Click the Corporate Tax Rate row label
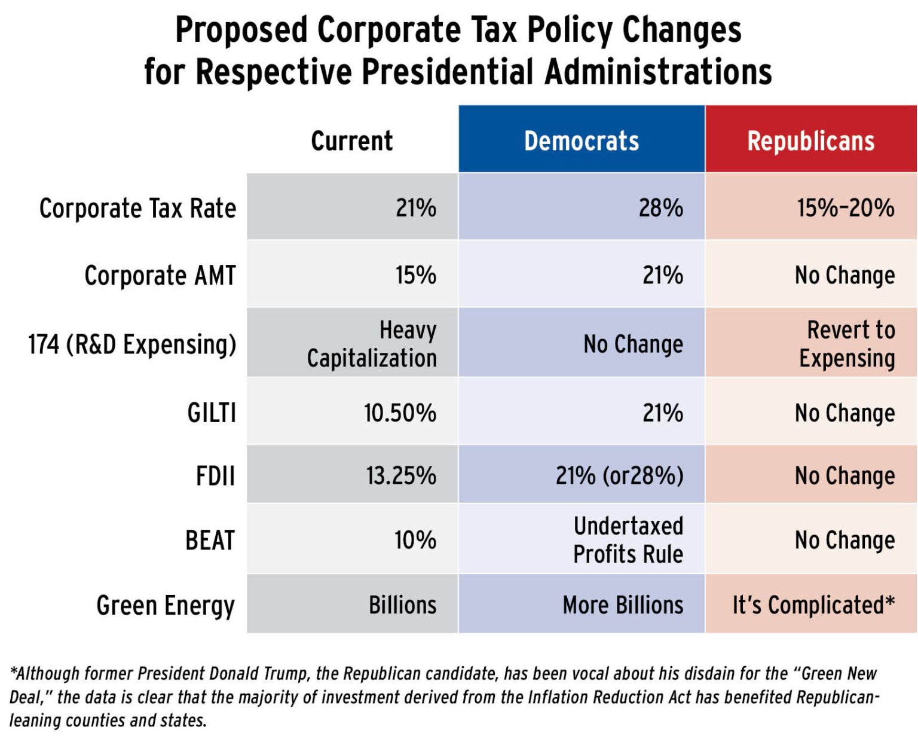coord(137,209)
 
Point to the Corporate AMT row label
coord(160,276)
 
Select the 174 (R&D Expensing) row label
coord(132,344)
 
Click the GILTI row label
coord(212,413)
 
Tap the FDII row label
coord(215,476)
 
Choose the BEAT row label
coord(210,540)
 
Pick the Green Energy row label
coord(166,605)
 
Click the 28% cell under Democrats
coord(660,208)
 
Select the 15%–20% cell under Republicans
coord(845,208)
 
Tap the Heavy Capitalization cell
coord(372,344)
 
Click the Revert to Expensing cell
coord(847,344)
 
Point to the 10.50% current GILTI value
coord(400,413)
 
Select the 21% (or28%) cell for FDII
coord(619,476)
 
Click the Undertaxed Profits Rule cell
coord(628,540)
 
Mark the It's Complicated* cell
coord(813,605)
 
